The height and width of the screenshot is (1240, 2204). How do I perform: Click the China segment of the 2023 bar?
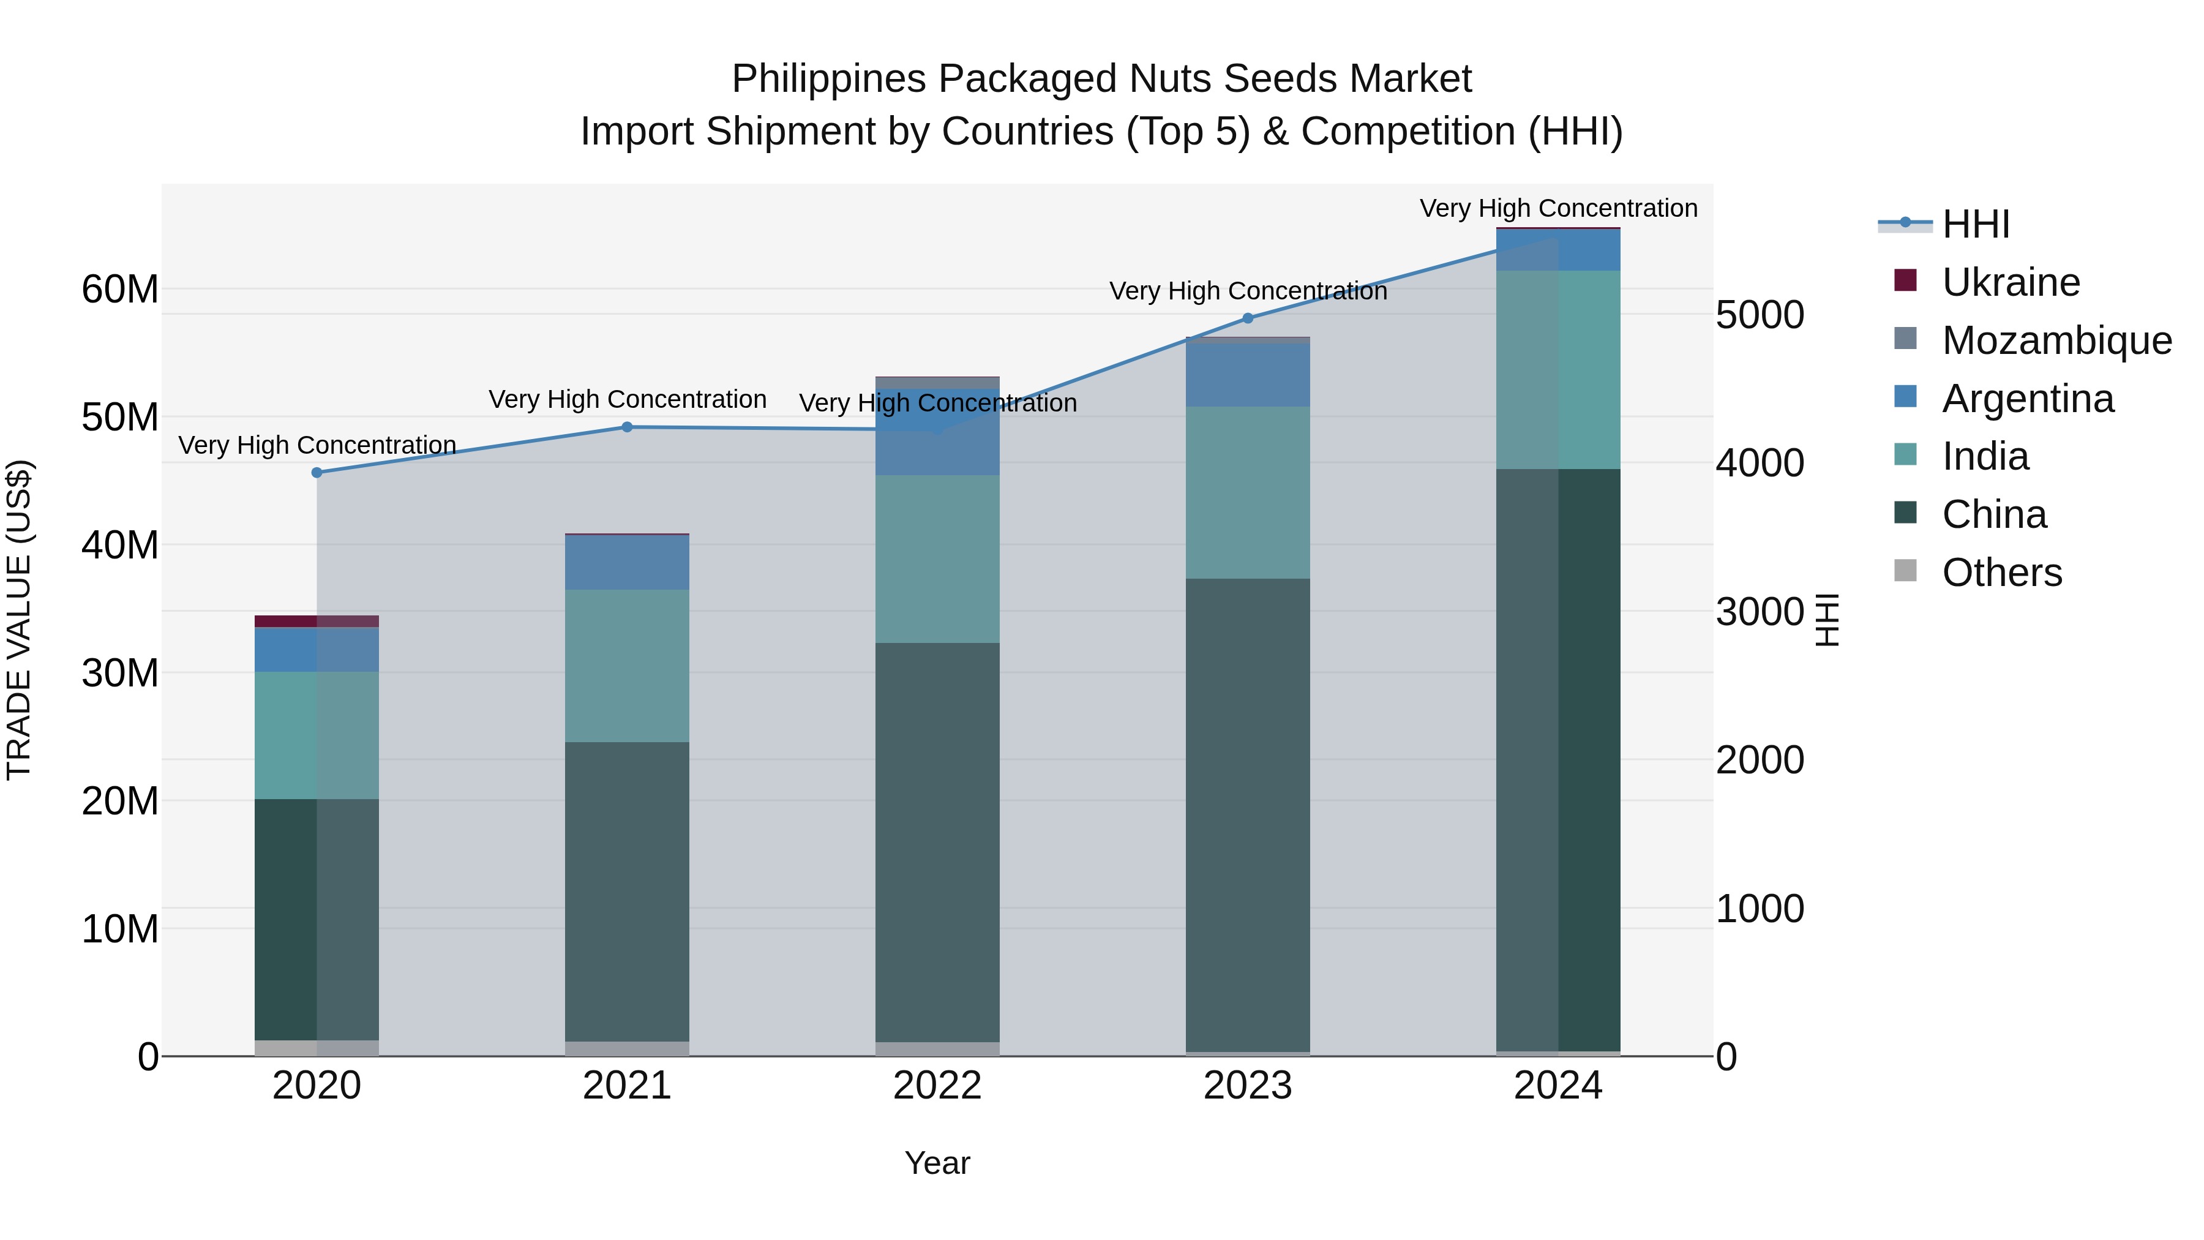1248,813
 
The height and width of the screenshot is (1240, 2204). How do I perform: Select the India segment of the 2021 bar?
627,665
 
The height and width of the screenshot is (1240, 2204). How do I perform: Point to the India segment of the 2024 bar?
1558,370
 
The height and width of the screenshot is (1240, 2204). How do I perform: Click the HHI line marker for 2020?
317,472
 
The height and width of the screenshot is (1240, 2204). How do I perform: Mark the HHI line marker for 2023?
1248,318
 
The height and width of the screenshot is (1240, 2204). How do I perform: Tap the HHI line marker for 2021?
627,427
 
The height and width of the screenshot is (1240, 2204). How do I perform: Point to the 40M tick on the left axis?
120,545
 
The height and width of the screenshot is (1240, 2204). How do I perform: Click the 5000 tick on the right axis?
1760,315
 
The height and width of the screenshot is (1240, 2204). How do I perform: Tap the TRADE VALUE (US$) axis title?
19,620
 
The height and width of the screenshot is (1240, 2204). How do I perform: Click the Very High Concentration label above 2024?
1558,208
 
